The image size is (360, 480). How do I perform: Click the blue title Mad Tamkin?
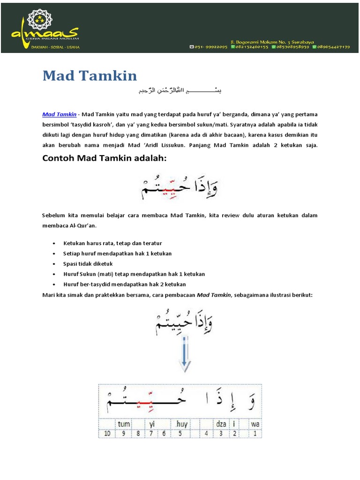click(90, 75)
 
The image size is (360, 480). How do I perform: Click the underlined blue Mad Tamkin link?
click(60, 114)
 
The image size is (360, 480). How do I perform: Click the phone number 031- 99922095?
click(209, 47)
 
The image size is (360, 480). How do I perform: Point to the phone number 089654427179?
click(334, 47)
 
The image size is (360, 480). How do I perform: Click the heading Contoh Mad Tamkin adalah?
click(105, 158)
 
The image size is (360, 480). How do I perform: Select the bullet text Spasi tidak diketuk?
click(88, 264)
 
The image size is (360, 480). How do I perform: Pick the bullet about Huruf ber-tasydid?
click(125, 285)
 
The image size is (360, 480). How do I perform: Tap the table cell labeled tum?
click(124, 424)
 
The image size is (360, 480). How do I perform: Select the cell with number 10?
click(107, 434)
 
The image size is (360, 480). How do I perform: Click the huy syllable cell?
click(181, 424)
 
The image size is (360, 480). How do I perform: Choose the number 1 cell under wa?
click(255, 434)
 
